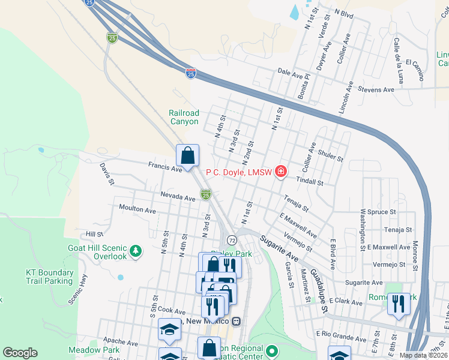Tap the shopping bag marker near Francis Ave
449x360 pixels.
point(188,156)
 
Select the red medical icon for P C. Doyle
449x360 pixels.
point(280,172)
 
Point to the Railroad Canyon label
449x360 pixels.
point(184,117)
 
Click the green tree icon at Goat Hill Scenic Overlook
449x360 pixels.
point(137,251)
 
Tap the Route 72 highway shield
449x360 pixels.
point(232,240)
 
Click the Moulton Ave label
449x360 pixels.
point(137,211)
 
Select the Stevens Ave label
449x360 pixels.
point(375,89)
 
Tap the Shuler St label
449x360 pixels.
point(331,155)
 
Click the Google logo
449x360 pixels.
point(20,353)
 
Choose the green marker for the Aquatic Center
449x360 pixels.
point(273,350)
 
